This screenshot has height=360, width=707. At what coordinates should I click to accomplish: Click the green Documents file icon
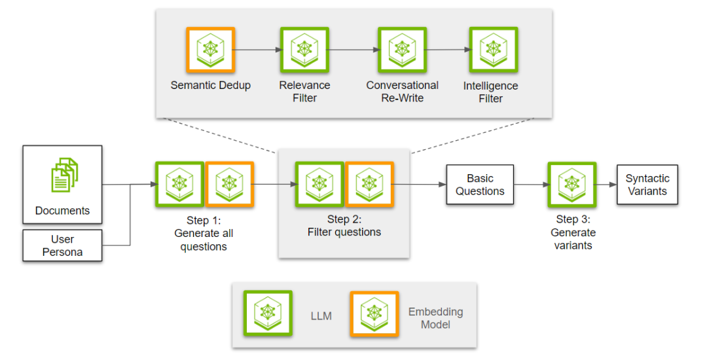[64, 175]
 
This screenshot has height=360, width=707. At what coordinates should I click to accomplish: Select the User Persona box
[62, 245]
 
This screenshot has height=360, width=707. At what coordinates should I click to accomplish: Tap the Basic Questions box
[480, 185]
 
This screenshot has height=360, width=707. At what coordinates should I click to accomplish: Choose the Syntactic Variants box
[647, 185]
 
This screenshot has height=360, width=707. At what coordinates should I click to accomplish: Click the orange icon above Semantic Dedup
[211, 50]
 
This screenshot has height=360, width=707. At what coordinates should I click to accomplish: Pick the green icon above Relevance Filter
[304, 50]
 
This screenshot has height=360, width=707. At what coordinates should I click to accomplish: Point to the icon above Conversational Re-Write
[402, 50]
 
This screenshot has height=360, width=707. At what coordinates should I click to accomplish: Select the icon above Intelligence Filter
[494, 50]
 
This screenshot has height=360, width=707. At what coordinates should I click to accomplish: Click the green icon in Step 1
[179, 185]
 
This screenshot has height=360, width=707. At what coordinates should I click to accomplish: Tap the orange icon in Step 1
[230, 185]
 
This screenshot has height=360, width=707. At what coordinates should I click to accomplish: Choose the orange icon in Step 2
[369, 185]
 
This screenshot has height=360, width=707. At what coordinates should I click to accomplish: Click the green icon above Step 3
[571, 185]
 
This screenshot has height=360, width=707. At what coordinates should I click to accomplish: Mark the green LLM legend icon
[268, 314]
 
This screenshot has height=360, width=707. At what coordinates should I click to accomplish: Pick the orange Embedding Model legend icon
[374, 314]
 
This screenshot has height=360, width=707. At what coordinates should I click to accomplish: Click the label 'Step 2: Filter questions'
[344, 226]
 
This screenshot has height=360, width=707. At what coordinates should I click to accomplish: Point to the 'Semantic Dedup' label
[211, 85]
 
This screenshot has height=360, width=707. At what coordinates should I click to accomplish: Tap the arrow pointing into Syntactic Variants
[606, 185]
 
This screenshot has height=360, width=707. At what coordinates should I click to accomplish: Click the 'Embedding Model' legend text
[435, 318]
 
